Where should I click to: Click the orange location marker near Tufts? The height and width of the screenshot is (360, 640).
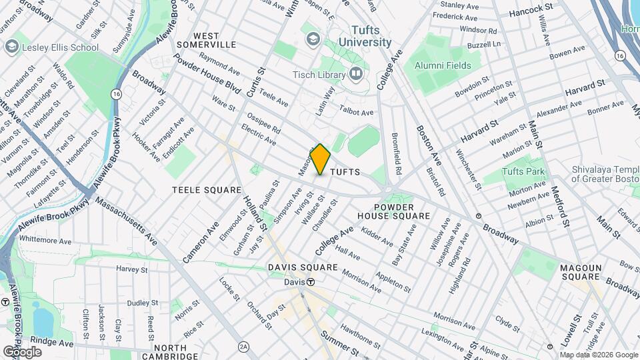click(321, 159)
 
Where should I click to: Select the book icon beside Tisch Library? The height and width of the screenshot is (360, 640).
click(356, 73)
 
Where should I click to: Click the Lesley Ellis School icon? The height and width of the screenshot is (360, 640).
click(11, 47)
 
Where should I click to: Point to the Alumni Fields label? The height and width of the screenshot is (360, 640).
click(443, 65)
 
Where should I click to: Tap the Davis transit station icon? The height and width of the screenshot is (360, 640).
click(311, 282)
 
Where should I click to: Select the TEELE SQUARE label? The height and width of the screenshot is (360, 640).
click(206, 190)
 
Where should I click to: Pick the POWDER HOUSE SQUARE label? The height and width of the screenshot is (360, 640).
click(393, 211)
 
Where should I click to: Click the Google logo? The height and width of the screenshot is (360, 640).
click(22, 351)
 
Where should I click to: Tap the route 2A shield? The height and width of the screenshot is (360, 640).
click(243, 347)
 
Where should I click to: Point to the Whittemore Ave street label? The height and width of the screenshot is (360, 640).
click(45, 239)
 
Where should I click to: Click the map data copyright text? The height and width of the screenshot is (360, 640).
click(598, 355)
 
